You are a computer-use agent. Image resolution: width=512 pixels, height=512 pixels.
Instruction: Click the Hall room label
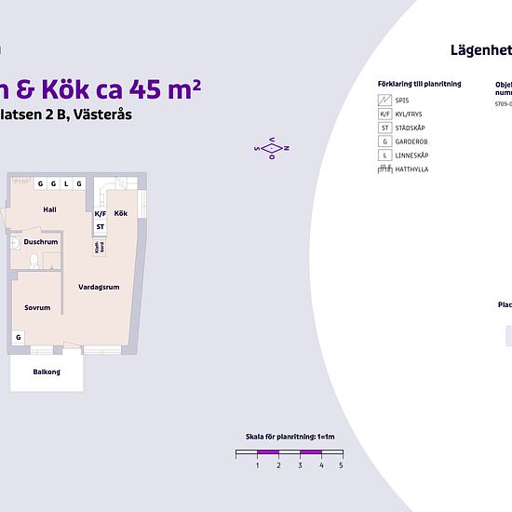click(50, 209)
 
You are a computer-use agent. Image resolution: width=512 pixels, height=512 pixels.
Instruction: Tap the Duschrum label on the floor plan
click(41, 241)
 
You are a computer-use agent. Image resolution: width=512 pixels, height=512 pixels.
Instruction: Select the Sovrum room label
click(37, 307)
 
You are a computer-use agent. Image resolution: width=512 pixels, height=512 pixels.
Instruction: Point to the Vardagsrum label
click(99, 287)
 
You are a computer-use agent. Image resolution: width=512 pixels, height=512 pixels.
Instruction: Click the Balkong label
click(47, 371)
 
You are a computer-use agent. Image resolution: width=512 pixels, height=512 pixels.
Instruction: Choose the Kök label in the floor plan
click(121, 213)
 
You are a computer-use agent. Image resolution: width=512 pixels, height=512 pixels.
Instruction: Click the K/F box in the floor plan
click(100, 213)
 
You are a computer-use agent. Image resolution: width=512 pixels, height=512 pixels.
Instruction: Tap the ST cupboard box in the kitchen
click(100, 226)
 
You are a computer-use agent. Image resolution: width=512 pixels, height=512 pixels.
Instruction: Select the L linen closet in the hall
click(66, 183)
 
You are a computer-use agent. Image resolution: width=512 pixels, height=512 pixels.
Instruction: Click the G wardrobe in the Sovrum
click(18, 337)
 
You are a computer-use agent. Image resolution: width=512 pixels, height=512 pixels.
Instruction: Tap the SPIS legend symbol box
click(384, 100)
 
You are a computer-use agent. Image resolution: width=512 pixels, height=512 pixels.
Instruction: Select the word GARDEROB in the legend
click(412, 141)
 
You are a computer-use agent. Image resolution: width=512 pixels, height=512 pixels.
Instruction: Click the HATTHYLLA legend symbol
click(384, 169)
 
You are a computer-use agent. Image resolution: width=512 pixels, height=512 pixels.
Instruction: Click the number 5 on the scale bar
click(341, 465)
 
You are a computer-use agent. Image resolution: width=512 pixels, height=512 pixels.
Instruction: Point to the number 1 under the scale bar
click(257, 465)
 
